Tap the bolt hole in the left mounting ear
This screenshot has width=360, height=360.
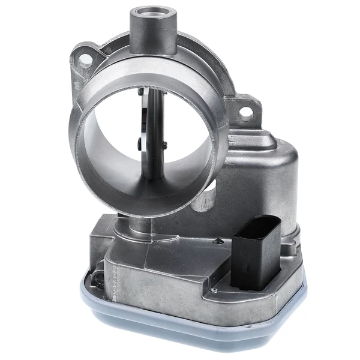click(x=86, y=58)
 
